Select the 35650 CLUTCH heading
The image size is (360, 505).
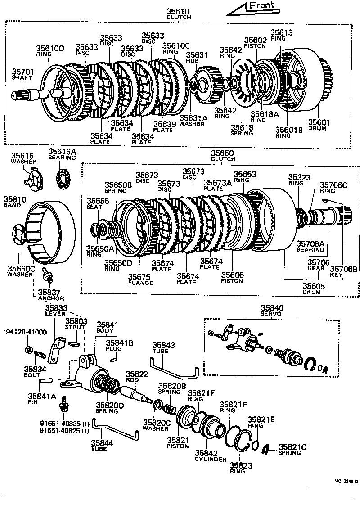(223, 156)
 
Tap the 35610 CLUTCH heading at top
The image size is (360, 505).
(179, 14)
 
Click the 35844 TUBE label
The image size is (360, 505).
(103, 446)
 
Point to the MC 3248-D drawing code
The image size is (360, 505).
(346, 481)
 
